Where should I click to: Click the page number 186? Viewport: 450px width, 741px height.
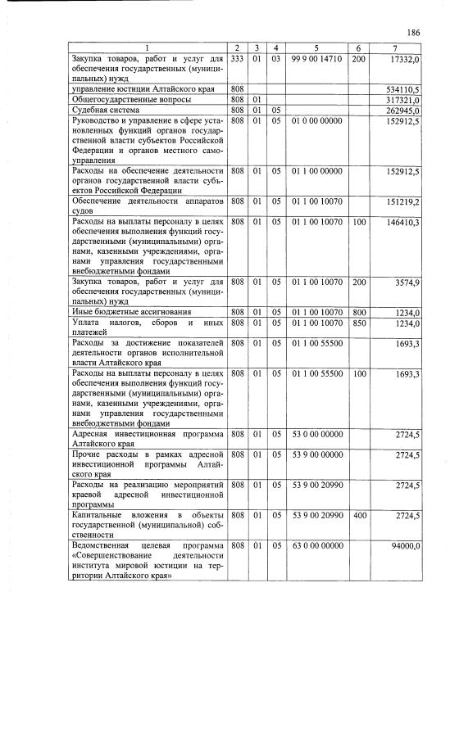click(x=413, y=32)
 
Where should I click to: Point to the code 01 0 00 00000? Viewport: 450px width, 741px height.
click(x=316, y=120)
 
